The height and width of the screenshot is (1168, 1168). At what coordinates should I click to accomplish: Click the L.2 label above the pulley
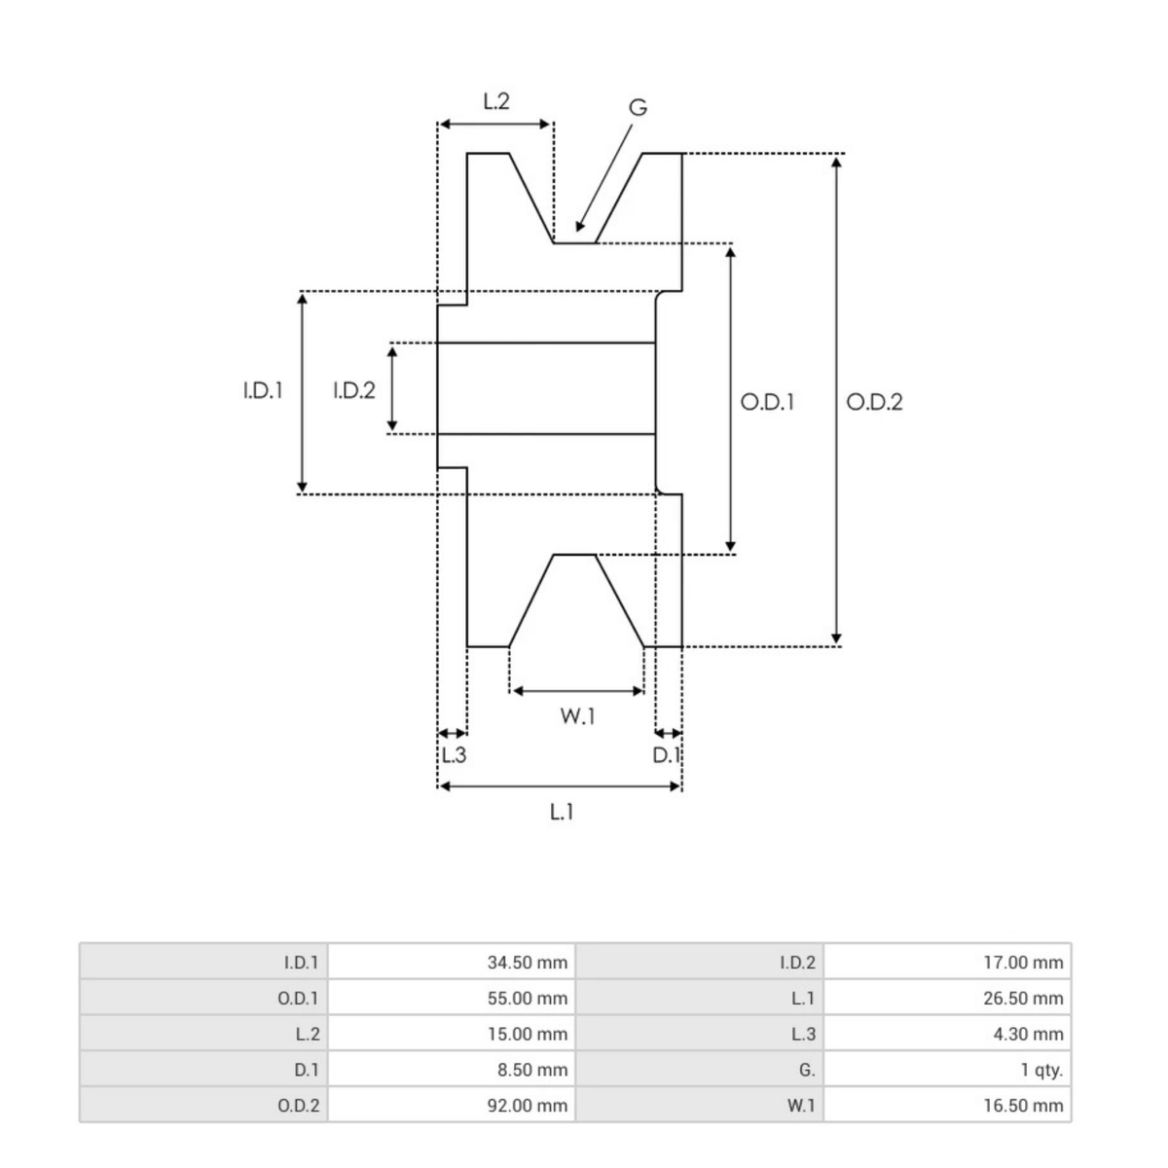point(495,101)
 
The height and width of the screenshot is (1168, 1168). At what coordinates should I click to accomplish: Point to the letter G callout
point(638,108)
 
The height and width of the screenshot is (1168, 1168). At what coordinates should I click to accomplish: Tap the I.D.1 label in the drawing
point(263,390)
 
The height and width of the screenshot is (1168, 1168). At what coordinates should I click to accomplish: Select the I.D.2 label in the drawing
point(354,390)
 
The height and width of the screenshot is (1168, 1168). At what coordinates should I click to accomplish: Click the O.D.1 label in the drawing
point(767,402)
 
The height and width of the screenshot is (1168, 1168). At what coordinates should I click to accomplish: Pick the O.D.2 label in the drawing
point(874,402)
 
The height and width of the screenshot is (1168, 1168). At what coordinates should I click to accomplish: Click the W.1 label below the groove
point(577,716)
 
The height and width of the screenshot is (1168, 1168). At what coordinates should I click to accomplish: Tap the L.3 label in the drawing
point(454,755)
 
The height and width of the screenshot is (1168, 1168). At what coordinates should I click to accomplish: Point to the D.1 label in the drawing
point(666,755)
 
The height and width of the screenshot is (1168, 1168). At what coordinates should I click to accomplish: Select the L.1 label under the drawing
point(562,812)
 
